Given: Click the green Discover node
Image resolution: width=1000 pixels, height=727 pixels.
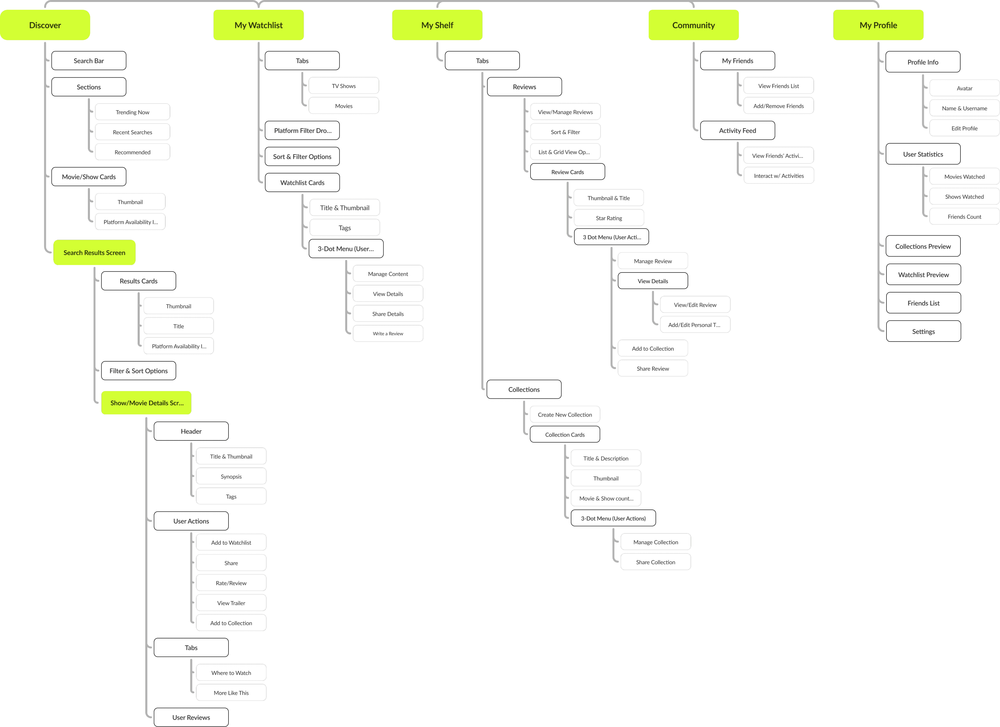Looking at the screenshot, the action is [45, 25].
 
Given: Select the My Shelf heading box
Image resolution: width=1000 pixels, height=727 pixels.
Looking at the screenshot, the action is [437, 25].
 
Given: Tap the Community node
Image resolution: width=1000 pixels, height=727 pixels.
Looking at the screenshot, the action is [693, 25].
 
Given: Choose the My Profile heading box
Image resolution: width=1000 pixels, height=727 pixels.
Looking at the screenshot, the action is [878, 25].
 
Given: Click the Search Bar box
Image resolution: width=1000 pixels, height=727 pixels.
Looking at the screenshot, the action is [89, 61].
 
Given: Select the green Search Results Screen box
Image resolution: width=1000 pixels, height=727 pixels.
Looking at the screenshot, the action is [94, 253].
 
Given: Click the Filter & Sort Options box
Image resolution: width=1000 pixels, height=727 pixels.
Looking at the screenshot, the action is [138, 371].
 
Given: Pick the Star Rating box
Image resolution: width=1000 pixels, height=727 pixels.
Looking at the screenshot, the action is [608, 218].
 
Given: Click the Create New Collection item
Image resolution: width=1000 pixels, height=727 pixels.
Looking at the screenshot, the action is [564, 415].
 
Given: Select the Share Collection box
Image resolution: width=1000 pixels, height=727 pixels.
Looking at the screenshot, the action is [655, 562].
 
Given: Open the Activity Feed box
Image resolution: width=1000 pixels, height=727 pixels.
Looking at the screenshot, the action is [737, 131].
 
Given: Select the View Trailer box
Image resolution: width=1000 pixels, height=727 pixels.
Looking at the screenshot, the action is [231, 603].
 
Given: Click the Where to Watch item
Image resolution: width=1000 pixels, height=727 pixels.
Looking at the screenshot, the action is [231, 673].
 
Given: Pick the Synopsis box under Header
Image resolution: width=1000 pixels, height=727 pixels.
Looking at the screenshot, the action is [231, 477].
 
